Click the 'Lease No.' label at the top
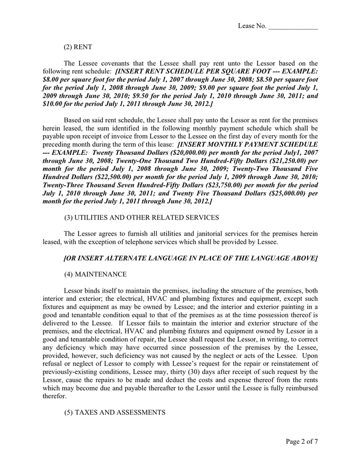tap(252, 26)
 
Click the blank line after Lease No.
tap(293, 27)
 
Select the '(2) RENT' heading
tap(78, 47)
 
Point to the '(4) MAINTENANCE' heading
tap(95, 273)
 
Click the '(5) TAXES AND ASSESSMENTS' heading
tap(114, 412)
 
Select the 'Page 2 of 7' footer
tap(302, 442)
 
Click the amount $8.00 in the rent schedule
tap(52, 80)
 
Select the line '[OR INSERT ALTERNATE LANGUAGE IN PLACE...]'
tap(190, 257)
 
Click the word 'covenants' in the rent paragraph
tap(111, 63)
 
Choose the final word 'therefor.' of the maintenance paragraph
tap(55, 396)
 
